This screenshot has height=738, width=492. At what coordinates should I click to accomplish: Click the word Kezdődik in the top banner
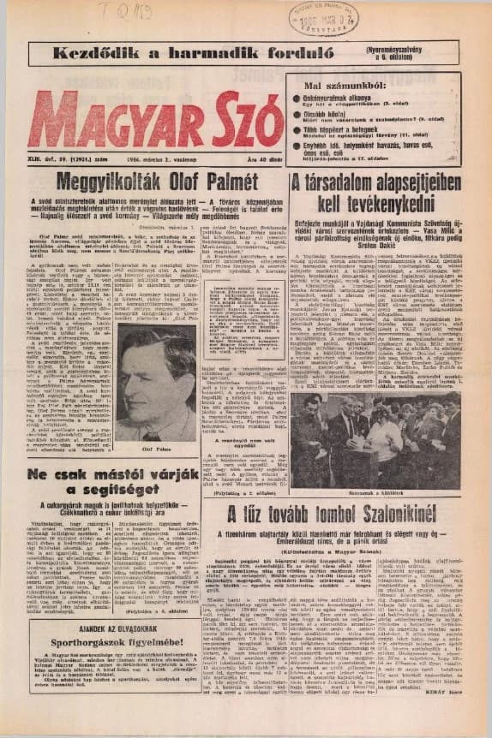tap(92, 52)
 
